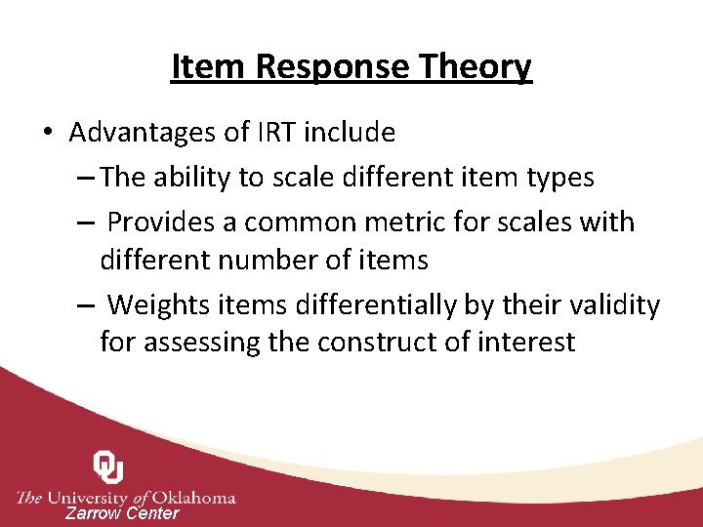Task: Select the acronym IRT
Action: pos(288,132)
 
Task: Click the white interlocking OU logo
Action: pos(108,467)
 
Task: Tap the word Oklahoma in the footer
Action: pos(191,497)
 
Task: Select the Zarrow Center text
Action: pos(122,513)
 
